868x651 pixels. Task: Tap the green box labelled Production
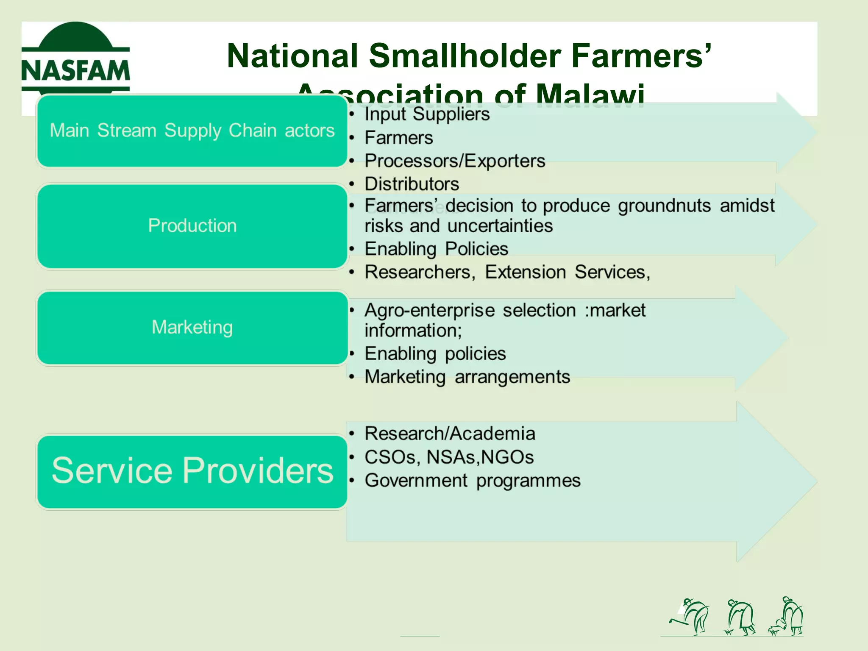pyautogui.click(x=192, y=226)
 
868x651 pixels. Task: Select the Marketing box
pyautogui.click(x=192, y=328)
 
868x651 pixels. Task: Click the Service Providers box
pyautogui.click(x=192, y=471)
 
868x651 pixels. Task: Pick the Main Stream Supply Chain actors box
pyautogui.click(x=192, y=131)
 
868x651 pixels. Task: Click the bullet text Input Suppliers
pyautogui.click(x=427, y=114)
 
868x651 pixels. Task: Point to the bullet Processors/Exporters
pyautogui.click(x=454, y=161)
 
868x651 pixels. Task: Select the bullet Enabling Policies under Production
pyautogui.click(x=436, y=249)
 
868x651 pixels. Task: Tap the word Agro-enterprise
pyautogui.click(x=429, y=311)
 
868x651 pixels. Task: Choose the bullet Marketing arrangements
pyautogui.click(x=467, y=377)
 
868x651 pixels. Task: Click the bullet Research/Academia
pyautogui.click(x=450, y=434)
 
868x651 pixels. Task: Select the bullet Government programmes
pyautogui.click(x=472, y=481)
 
